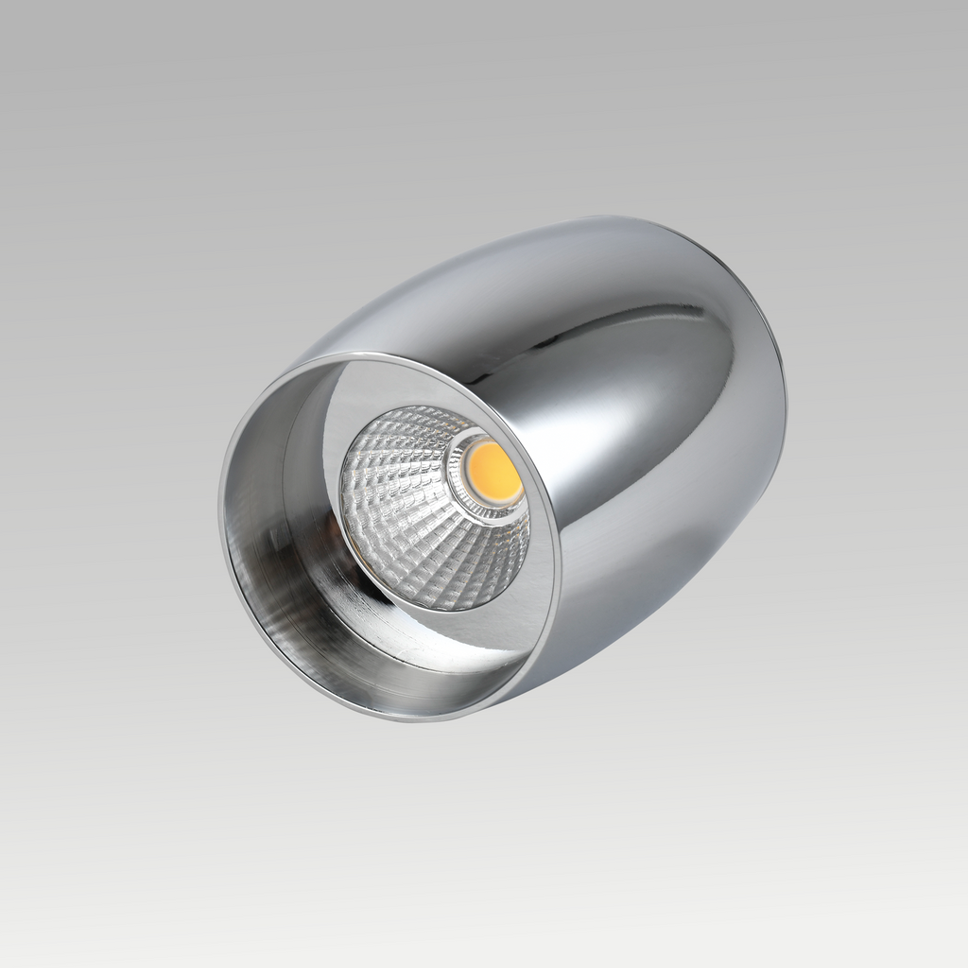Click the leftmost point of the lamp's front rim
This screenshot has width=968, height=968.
220,501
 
